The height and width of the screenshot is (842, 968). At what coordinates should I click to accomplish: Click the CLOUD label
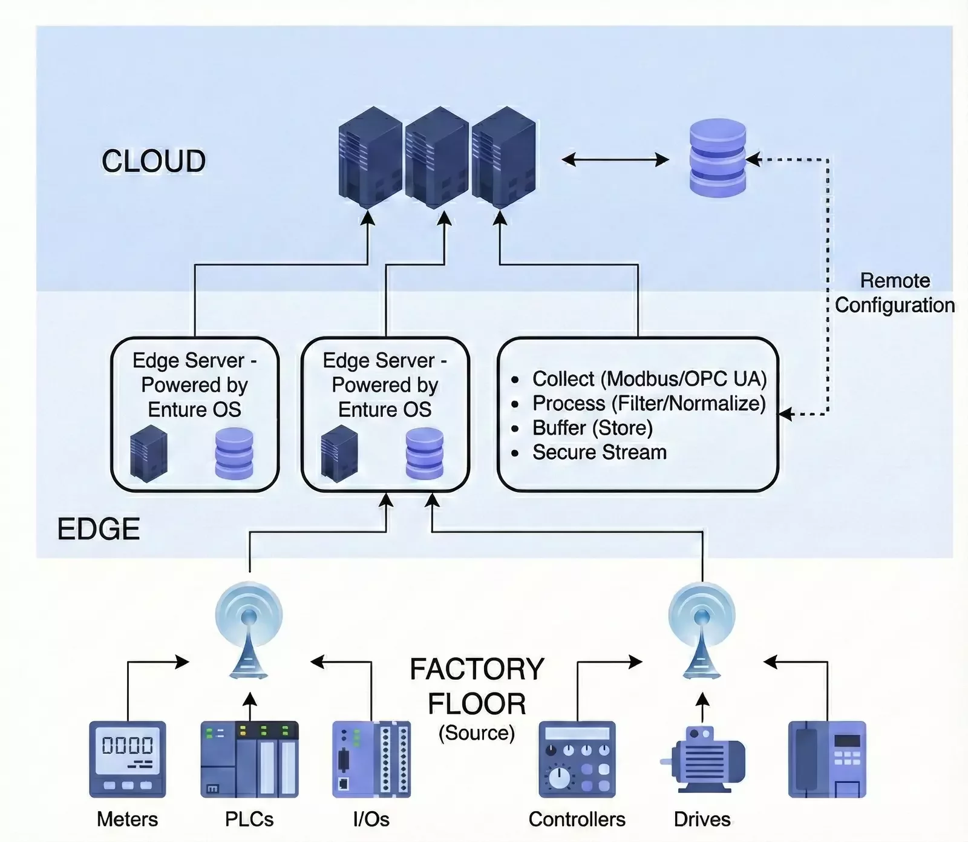click(154, 161)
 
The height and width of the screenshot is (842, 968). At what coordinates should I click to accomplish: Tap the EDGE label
click(99, 529)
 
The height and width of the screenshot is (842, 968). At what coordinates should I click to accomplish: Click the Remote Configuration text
click(895, 293)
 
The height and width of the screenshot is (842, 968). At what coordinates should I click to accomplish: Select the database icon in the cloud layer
click(718, 157)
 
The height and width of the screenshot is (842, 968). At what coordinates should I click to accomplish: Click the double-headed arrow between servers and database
click(615, 160)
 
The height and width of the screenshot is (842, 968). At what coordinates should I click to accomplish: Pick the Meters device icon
click(128, 758)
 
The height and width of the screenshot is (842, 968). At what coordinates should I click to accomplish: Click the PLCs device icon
click(249, 758)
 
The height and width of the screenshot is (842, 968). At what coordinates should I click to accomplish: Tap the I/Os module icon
click(371, 758)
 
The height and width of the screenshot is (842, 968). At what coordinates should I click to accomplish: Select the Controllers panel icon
click(577, 758)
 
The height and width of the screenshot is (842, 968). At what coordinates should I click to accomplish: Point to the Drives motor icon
click(703, 760)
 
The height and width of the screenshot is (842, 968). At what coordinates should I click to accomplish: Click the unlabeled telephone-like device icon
click(827, 758)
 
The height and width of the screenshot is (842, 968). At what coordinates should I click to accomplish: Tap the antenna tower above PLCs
click(249, 630)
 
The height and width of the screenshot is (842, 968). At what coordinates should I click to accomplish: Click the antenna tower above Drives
click(702, 630)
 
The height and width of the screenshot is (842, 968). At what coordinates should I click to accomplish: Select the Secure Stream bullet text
click(599, 452)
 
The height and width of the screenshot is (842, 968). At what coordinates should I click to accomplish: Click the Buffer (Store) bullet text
click(592, 428)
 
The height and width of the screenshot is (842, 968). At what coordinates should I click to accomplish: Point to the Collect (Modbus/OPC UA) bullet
click(649, 379)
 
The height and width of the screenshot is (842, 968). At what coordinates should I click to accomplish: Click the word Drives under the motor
click(702, 819)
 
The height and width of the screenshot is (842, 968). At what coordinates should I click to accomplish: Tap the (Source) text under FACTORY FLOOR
click(477, 733)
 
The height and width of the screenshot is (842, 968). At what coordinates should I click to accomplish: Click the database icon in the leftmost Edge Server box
click(234, 453)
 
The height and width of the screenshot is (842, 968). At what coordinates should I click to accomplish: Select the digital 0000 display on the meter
click(128, 745)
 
